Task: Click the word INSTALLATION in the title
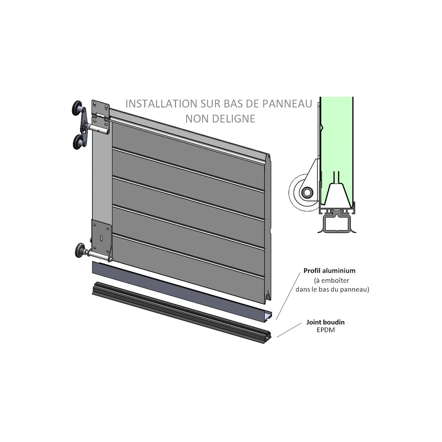point(161,104)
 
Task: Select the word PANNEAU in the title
point(287,104)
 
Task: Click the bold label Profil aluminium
point(329,271)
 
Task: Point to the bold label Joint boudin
point(325,322)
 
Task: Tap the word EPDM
point(326,330)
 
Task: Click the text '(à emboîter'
point(332,280)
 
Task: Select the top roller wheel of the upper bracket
point(78,107)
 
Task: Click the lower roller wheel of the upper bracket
point(78,142)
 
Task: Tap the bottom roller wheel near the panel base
point(80,250)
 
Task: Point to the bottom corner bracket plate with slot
point(102,235)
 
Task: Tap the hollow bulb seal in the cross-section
point(336,224)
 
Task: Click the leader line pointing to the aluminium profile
point(288,296)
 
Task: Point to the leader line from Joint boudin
point(289,330)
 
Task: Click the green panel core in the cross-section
point(336,142)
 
